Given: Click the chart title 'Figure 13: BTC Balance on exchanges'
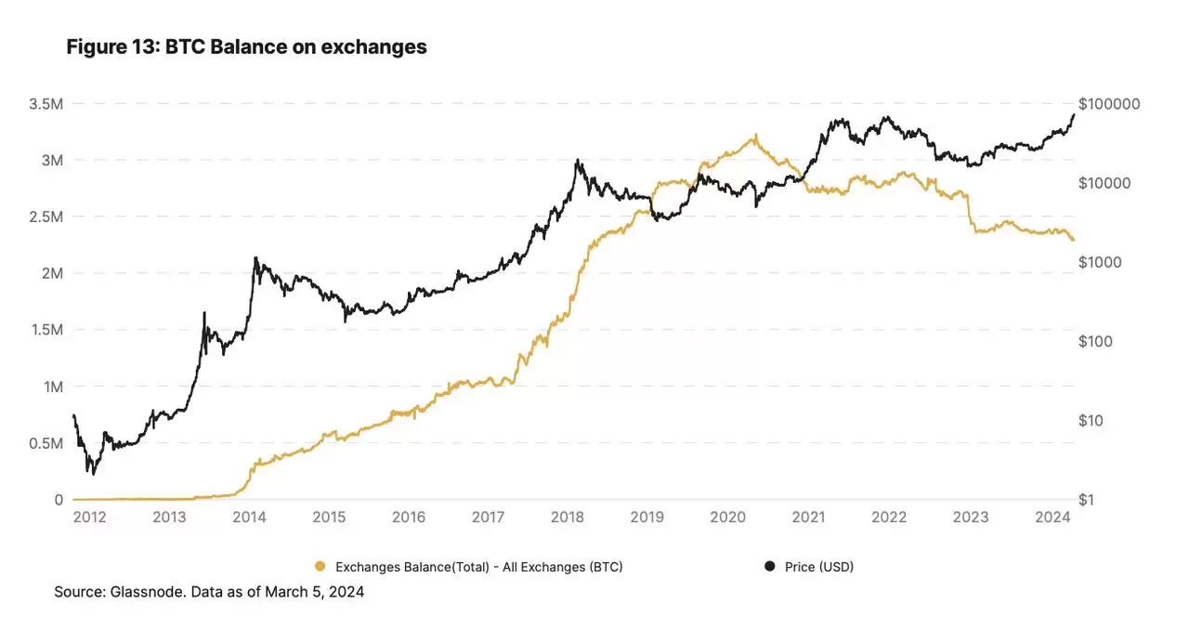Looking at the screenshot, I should [246, 46].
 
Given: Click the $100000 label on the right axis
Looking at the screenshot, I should [1109, 103].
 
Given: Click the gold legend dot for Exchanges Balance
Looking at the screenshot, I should [321, 566].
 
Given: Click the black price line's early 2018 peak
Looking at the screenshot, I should [577, 160].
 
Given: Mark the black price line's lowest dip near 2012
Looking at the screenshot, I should [94, 474].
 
